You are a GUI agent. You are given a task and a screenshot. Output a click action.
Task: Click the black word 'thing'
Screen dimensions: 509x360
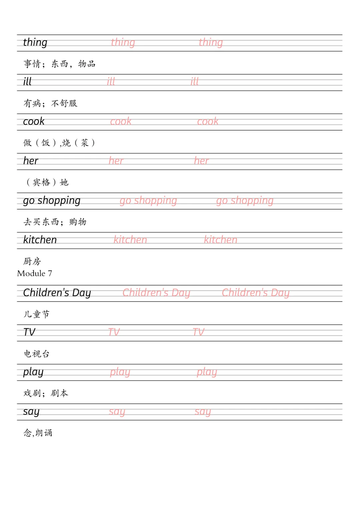pyautogui.click(x=35, y=43)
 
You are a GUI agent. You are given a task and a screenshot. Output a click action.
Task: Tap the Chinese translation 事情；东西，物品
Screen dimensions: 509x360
pyautogui.click(x=59, y=64)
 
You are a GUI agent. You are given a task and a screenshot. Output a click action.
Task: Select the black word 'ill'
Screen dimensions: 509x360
pyautogui.click(x=27, y=82)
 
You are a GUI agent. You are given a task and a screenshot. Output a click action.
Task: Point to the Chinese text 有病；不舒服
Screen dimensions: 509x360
pyautogui.click(x=50, y=103)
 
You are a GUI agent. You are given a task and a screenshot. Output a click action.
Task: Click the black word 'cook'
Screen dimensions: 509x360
pyautogui.click(x=34, y=122)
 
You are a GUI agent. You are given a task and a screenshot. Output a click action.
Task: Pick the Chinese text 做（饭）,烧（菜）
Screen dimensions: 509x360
pyautogui.click(x=59, y=143)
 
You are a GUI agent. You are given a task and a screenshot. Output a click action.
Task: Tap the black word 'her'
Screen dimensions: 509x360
pyautogui.click(x=31, y=161)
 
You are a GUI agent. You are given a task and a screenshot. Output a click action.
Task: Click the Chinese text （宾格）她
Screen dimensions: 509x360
pyautogui.click(x=47, y=182)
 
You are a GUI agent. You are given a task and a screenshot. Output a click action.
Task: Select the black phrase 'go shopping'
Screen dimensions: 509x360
pyautogui.click(x=52, y=201)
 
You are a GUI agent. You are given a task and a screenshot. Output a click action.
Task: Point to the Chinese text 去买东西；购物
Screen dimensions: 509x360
pyautogui.click(x=55, y=222)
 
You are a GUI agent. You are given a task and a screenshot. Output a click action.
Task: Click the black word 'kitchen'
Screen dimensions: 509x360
pyautogui.click(x=40, y=240)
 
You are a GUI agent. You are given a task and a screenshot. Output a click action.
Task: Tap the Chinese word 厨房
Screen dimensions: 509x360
pyautogui.click(x=32, y=261)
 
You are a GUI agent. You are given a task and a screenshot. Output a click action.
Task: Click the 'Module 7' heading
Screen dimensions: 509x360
pyautogui.click(x=35, y=273)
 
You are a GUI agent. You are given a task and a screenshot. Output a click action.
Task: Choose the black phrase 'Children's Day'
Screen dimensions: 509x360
pyautogui.click(x=57, y=293)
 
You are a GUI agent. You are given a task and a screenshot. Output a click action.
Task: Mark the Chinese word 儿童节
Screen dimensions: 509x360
pyautogui.click(x=36, y=314)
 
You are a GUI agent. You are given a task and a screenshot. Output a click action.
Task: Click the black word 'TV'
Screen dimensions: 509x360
pyautogui.click(x=29, y=332)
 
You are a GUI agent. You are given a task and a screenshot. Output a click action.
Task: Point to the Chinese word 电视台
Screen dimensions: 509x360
pyautogui.click(x=37, y=354)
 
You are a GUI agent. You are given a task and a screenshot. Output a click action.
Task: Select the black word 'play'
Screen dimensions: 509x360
pyautogui.click(x=33, y=372)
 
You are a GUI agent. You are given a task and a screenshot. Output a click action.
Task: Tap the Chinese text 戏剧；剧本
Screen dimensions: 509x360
pyautogui.click(x=46, y=393)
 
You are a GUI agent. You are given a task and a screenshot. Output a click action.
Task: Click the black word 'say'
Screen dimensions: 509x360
pyautogui.click(x=31, y=412)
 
